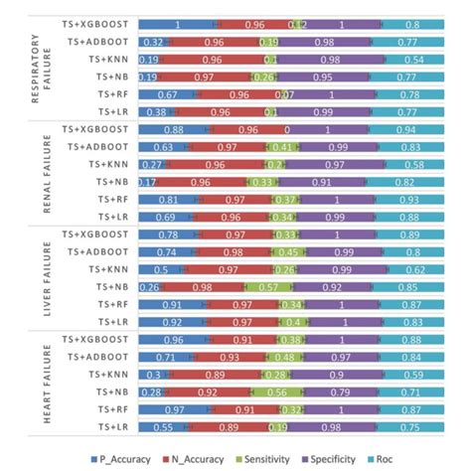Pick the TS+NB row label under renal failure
[x=109, y=183]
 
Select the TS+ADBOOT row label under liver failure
[x=95, y=251]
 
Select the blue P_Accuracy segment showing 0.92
[x=177, y=323]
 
